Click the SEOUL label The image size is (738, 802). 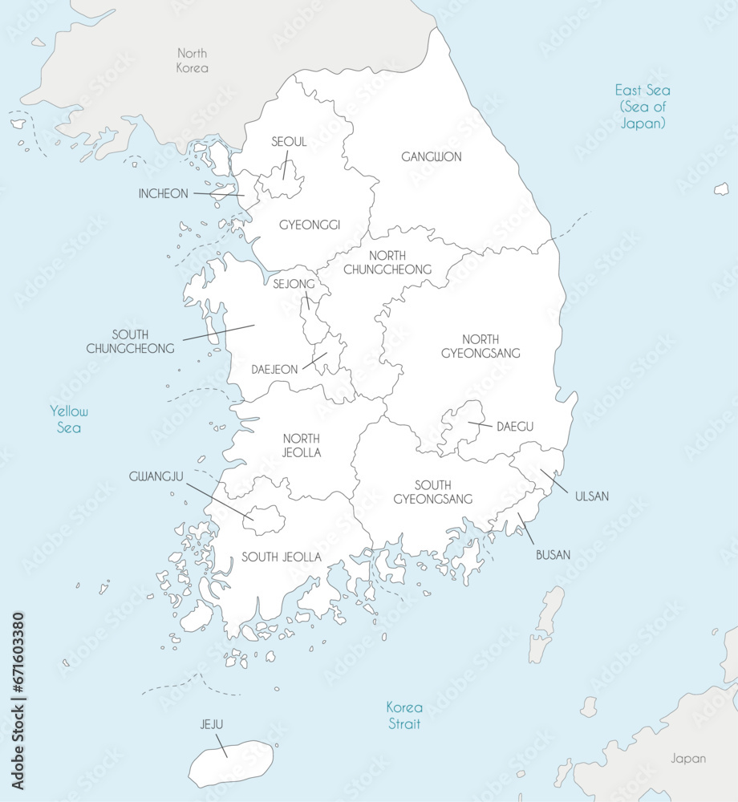tap(289, 142)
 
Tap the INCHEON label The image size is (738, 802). tap(164, 193)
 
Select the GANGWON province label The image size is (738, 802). tap(432, 157)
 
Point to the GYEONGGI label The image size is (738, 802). tap(310, 225)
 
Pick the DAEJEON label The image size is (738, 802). tap(274, 370)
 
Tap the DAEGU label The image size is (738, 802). tap(514, 427)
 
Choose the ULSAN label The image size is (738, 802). tap(591, 496)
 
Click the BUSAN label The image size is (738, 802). tap(553, 554)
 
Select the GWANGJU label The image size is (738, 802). tap(156, 476)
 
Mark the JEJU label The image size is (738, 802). tap(212, 725)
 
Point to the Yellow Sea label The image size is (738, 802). tap(69, 419)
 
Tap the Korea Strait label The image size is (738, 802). tap(403, 715)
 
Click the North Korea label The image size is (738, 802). tap(192, 61)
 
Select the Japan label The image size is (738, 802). tap(689, 758)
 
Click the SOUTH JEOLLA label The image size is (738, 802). tap(282, 557)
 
